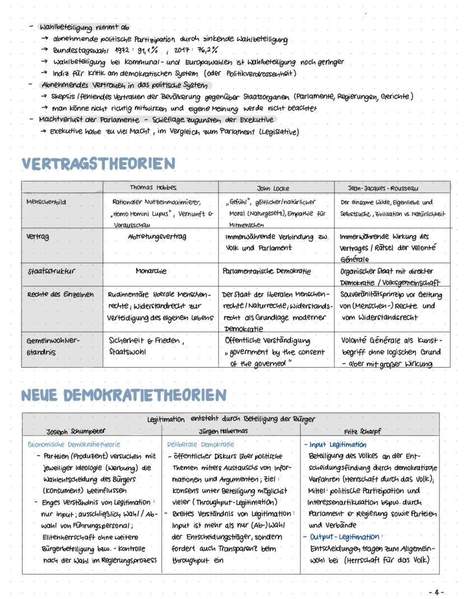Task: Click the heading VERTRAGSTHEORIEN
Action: (x=98, y=164)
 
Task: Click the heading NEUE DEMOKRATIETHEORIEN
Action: (x=123, y=395)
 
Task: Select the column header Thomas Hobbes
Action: (x=153, y=188)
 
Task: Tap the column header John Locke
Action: (x=273, y=188)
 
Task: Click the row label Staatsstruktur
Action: (x=52, y=271)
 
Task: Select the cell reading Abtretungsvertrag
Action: (x=157, y=237)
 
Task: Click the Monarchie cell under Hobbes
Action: (x=151, y=271)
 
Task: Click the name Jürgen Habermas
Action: (x=224, y=431)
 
